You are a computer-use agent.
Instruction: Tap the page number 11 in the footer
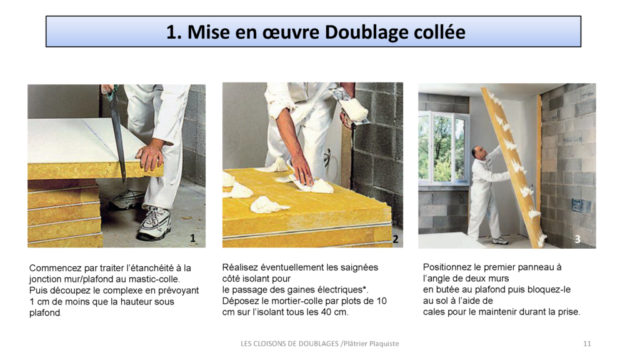[586, 344]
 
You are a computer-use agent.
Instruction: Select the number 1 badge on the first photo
[193, 238]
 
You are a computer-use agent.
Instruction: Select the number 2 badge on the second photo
[395, 239]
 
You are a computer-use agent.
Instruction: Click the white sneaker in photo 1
[154, 222]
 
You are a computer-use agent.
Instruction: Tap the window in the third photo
[442, 147]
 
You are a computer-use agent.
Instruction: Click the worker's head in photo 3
[478, 152]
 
